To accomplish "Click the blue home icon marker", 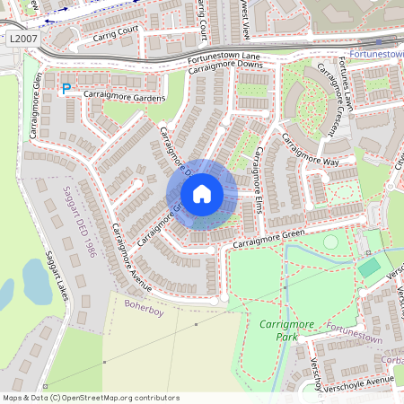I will [x=202, y=194].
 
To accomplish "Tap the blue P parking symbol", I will [x=66, y=88].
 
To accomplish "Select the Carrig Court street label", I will [x=115, y=34].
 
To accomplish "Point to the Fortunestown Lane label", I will [x=224, y=57].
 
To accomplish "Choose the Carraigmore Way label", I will [x=305, y=149].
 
